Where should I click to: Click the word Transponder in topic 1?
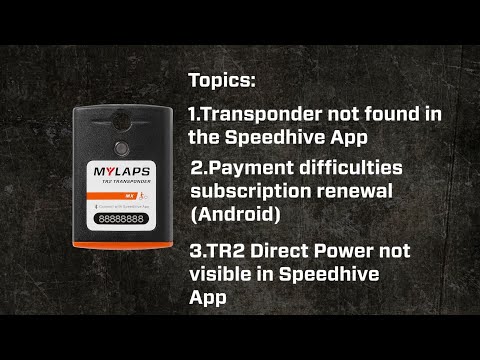(262, 114)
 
